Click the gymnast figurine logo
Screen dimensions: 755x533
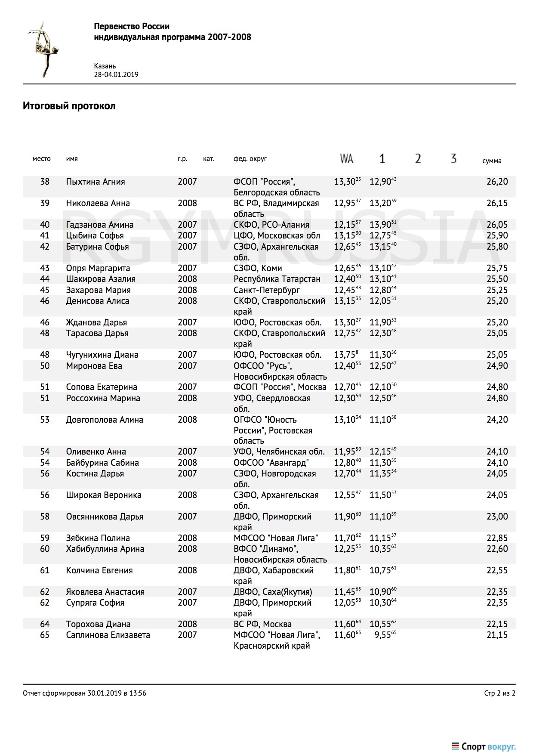tap(43, 50)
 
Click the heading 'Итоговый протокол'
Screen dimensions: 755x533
tap(69, 106)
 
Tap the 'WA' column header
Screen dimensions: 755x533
tap(346, 159)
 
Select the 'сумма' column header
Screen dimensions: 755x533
tap(492, 161)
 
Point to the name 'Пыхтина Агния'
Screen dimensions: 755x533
tap(96, 182)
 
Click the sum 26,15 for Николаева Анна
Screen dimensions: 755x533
tap(497, 203)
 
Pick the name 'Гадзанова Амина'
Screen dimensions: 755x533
tap(100, 225)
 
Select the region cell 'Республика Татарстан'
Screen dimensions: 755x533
tap(277, 279)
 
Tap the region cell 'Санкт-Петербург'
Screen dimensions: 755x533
tap(267, 290)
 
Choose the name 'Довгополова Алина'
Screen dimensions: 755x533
tap(105, 420)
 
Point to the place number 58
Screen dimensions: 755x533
tap(45, 517)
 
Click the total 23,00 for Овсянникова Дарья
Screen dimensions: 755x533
tap(497, 517)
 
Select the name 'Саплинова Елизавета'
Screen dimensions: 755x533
tap(108, 635)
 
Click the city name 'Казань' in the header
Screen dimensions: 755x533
tap(105, 66)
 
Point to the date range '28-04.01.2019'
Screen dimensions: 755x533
tap(116, 74)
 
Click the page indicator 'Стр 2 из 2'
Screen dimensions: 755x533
tap(499, 693)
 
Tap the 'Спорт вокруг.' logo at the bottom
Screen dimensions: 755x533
tap(484, 746)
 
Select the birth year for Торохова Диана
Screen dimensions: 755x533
tap(187, 624)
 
